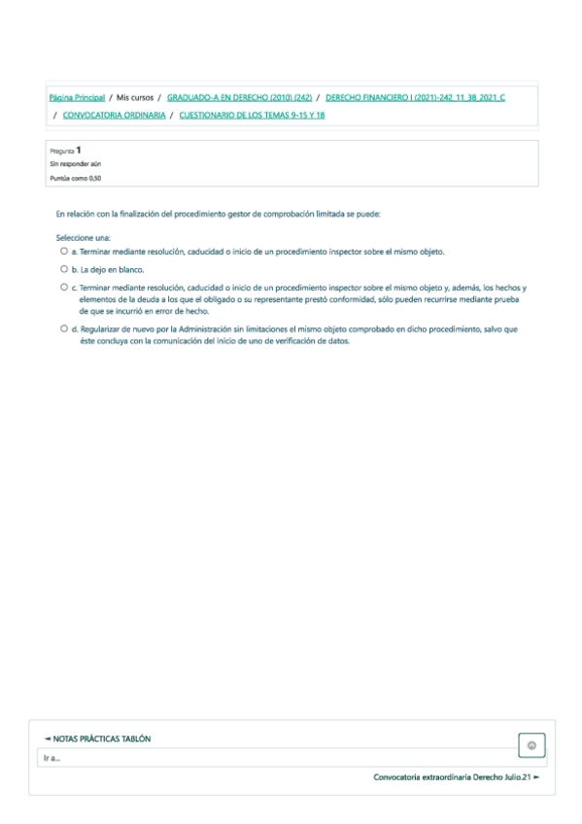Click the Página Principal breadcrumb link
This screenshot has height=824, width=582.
[77, 98]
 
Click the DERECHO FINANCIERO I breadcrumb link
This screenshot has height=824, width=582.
[415, 98]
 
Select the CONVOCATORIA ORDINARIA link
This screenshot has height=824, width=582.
[114, 115]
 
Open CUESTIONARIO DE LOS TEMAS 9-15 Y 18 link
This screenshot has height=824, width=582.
[252, 115]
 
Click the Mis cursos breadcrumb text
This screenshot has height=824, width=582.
[135, 98]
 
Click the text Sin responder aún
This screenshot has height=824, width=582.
[75, 164]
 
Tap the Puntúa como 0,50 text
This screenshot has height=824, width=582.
[75, 178]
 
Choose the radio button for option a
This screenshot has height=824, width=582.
[64, 251]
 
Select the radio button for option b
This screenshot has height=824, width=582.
[64, 269]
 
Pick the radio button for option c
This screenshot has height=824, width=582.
[64, 288]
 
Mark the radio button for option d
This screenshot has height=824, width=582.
[64, 328]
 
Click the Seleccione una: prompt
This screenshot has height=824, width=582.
[83, 237]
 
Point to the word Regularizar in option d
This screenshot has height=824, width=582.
[101, 329]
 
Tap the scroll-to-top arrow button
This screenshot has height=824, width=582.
[531, 745]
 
